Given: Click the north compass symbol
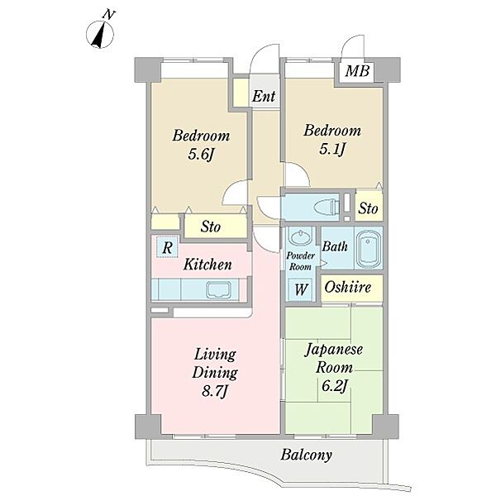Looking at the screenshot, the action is coord(100,34).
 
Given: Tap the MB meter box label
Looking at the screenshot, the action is coord(357,71).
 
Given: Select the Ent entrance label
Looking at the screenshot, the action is coord(264,96).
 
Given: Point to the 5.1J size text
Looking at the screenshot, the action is coord(331,150).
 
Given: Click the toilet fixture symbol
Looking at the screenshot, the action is coord(327,207).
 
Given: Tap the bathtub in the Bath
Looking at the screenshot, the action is coord(369,249).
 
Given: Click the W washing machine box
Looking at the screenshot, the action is coord(300,289).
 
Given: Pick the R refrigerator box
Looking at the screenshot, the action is coord(167,247).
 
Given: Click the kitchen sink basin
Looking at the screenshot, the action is coord(218,290).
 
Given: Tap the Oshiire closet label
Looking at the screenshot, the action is coord(348,287).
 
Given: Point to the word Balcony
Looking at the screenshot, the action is coord(307,455).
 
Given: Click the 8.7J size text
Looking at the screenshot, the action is coord(215,392).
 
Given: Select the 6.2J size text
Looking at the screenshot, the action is coord(335,386).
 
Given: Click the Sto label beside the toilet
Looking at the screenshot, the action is coord(368,208).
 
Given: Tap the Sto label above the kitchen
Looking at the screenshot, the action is coord(211,227).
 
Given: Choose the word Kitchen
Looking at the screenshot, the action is coord(207,265).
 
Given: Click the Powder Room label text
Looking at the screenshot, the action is coord(300,261).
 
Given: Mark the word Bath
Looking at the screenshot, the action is coord(335,246).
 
